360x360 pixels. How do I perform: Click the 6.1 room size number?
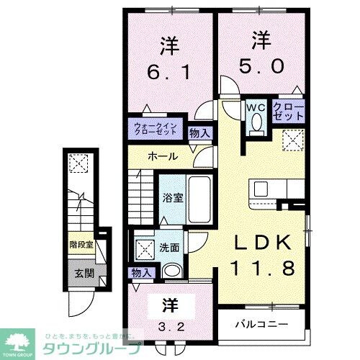[x=168, y=73]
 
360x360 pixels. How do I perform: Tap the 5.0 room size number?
[x=261, y=66]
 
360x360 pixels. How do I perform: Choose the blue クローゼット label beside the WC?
[x=288, y=112]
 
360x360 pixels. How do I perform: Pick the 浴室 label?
[x=170, y=197]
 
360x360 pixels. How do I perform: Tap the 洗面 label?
[x=171, y=247]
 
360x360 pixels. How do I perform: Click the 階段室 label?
[x=82, y=245]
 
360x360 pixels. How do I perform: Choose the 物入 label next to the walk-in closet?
[x=199, y=132]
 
